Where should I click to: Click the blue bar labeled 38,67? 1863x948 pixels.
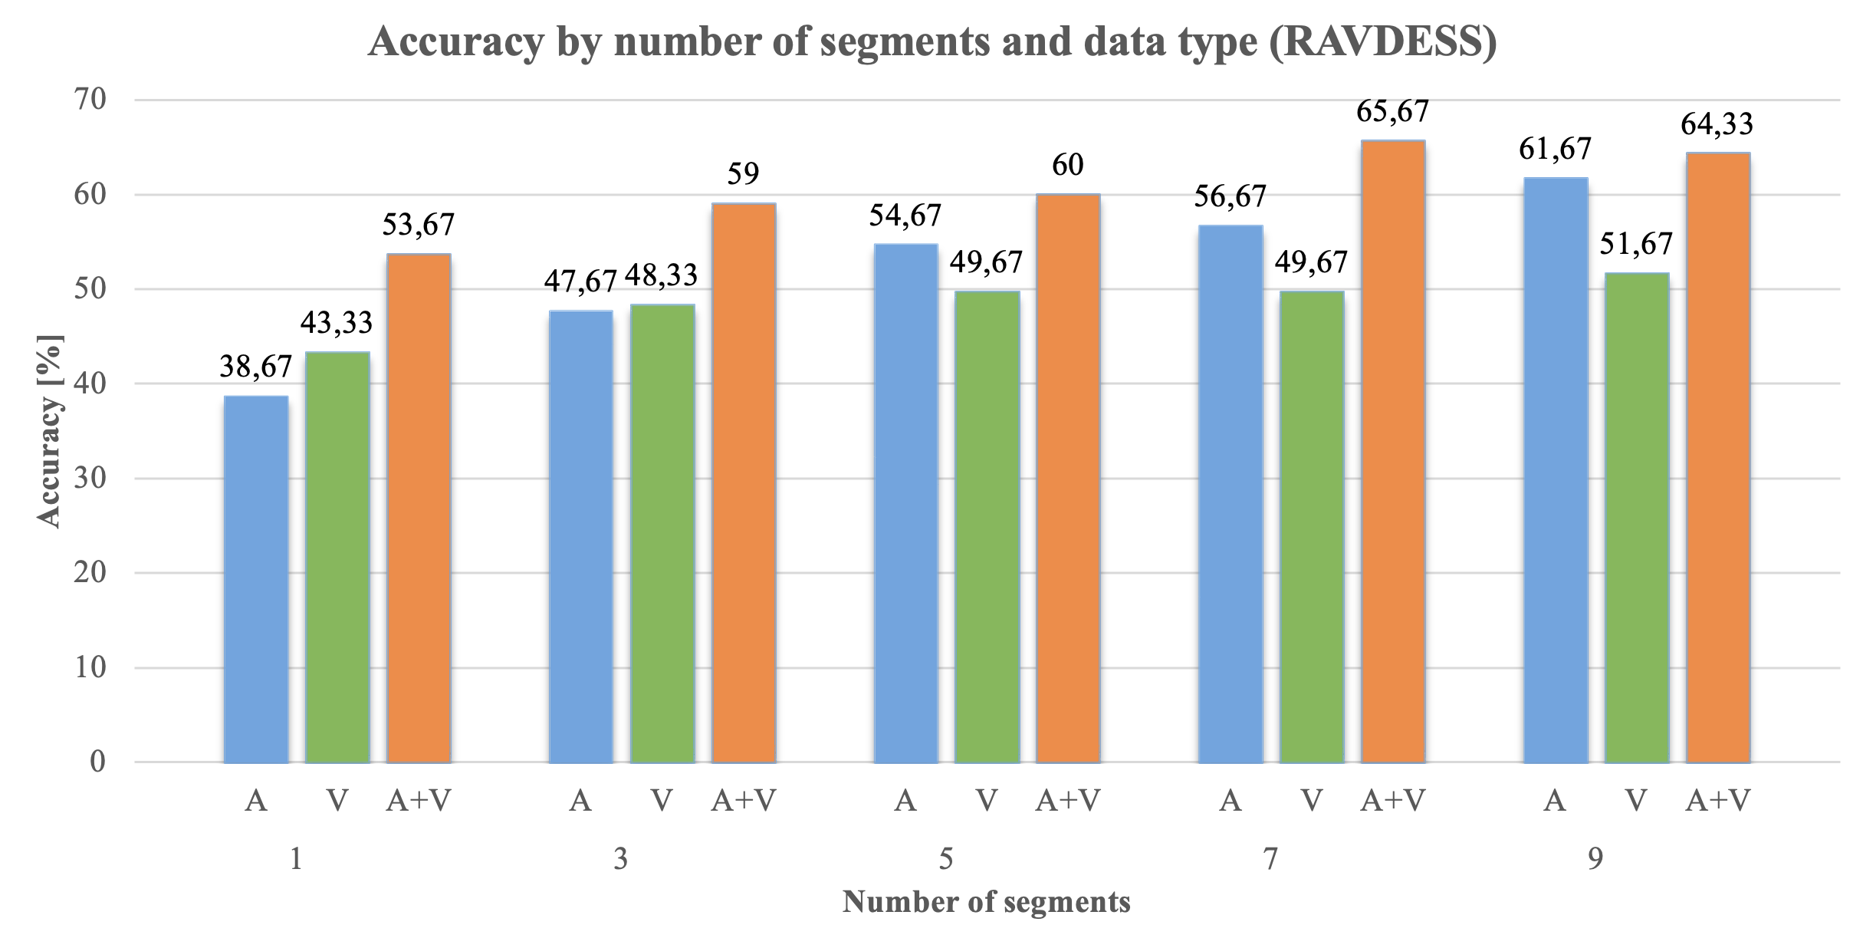point(256,579)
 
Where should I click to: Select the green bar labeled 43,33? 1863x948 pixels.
point(337,558)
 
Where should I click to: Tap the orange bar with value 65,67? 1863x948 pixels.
point(1393,452)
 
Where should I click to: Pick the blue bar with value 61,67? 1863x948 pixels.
point(1556,470)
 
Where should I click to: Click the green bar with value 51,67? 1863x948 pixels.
point(1637,518)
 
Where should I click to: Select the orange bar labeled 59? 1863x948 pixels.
point(744,483)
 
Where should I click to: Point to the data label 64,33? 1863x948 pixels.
point(1717,123)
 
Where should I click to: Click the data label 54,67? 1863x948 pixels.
point(905,216)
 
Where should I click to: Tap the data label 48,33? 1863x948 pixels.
point(661,275)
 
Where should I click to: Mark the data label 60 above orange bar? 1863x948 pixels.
point(1067,165)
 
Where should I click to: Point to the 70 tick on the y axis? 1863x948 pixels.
point(90,100)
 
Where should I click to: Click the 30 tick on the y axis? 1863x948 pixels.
point(90,479)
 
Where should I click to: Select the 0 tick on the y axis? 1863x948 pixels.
point(97,762)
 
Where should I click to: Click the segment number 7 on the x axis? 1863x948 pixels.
point(1270,860)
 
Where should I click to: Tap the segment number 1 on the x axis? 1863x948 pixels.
point(296,860)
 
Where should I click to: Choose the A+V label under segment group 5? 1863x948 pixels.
point(1067,801)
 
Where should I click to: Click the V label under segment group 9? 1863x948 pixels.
point(1637,801)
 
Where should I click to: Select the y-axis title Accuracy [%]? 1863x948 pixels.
point(49,431)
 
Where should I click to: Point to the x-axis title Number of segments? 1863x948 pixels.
point(986,902)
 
